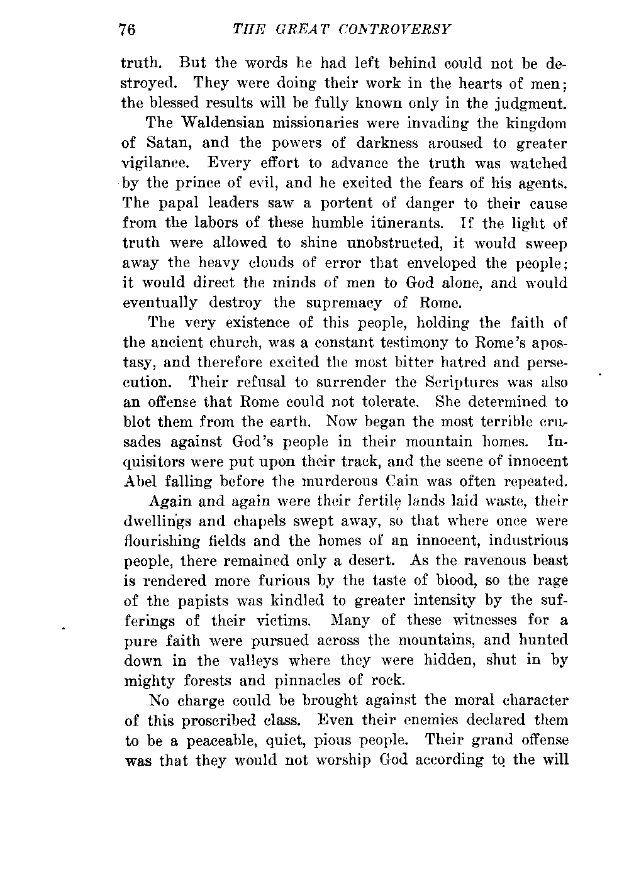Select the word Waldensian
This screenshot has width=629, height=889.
tap(220, 123)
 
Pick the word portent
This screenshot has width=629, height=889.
tap(303, 203)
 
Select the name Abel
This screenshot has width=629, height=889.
tap(137, 481)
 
